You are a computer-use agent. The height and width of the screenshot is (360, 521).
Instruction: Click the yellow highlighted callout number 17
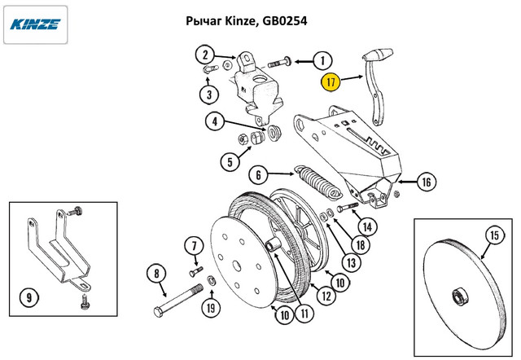click(x=331, y=82)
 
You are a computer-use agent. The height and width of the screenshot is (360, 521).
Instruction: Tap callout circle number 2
click(x=204, y=55)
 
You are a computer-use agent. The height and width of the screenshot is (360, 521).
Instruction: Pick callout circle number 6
click(x=257, y=174)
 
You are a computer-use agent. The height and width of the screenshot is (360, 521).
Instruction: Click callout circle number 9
click(x=28, y=297)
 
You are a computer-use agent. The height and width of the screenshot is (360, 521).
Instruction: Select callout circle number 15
click(x=495, y=236)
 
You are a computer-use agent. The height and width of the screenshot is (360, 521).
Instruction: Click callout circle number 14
click(x=367, y=226)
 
